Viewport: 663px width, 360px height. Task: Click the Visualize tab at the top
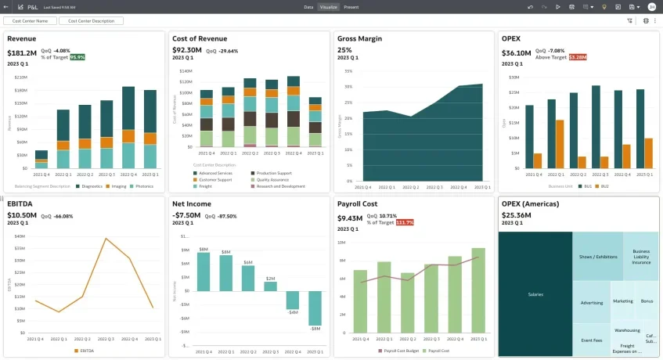coord(329,6)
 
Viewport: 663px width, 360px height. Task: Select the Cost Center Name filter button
coord(30,21)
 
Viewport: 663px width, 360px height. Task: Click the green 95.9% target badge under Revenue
coord(77,57)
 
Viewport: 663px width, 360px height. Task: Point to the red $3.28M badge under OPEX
coord(578,57)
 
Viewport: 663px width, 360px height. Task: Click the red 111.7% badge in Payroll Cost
coord(405,222)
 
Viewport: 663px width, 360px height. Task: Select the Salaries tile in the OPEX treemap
coord(535,294)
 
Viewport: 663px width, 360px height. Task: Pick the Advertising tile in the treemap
coord(592,302)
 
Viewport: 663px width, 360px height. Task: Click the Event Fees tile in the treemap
coord(592,340)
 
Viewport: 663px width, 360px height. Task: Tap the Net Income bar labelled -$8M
coord(315,308)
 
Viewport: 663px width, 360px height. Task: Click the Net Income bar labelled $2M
coord(270,286)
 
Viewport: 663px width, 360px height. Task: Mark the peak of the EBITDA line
coord(106,238)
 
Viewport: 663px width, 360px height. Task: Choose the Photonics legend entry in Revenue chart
coord(142,186)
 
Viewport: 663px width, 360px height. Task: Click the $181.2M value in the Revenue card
coord(22,53)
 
